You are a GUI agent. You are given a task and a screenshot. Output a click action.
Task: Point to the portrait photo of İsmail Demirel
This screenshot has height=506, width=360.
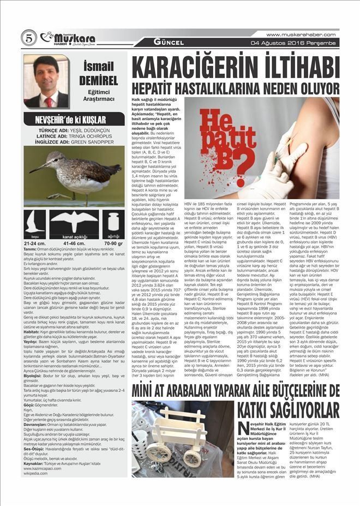[x=46, y=81]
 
